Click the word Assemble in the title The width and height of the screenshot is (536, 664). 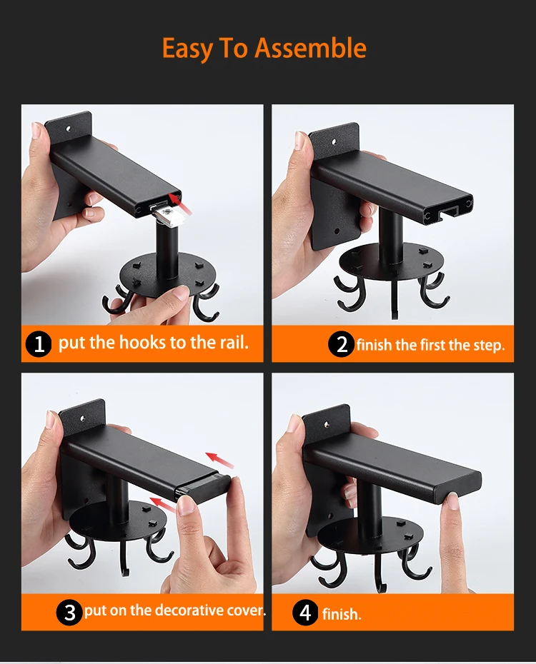311,48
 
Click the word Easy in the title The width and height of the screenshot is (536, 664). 187,49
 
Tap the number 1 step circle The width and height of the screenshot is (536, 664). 39,344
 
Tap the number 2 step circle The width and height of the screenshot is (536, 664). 341,345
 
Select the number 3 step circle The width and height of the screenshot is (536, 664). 69,613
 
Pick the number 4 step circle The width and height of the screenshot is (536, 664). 305,613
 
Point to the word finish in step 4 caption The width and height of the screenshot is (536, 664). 342,613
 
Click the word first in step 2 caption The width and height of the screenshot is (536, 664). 432,345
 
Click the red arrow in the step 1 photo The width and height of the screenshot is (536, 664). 180,203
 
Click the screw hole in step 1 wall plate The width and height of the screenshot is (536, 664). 67,127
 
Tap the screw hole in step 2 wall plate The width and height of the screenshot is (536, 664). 334,142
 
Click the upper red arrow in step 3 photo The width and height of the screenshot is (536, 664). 219,461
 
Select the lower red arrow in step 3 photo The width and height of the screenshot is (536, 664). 164,505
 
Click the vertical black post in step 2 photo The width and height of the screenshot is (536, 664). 390,238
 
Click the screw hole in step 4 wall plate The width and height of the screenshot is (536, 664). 327,423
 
